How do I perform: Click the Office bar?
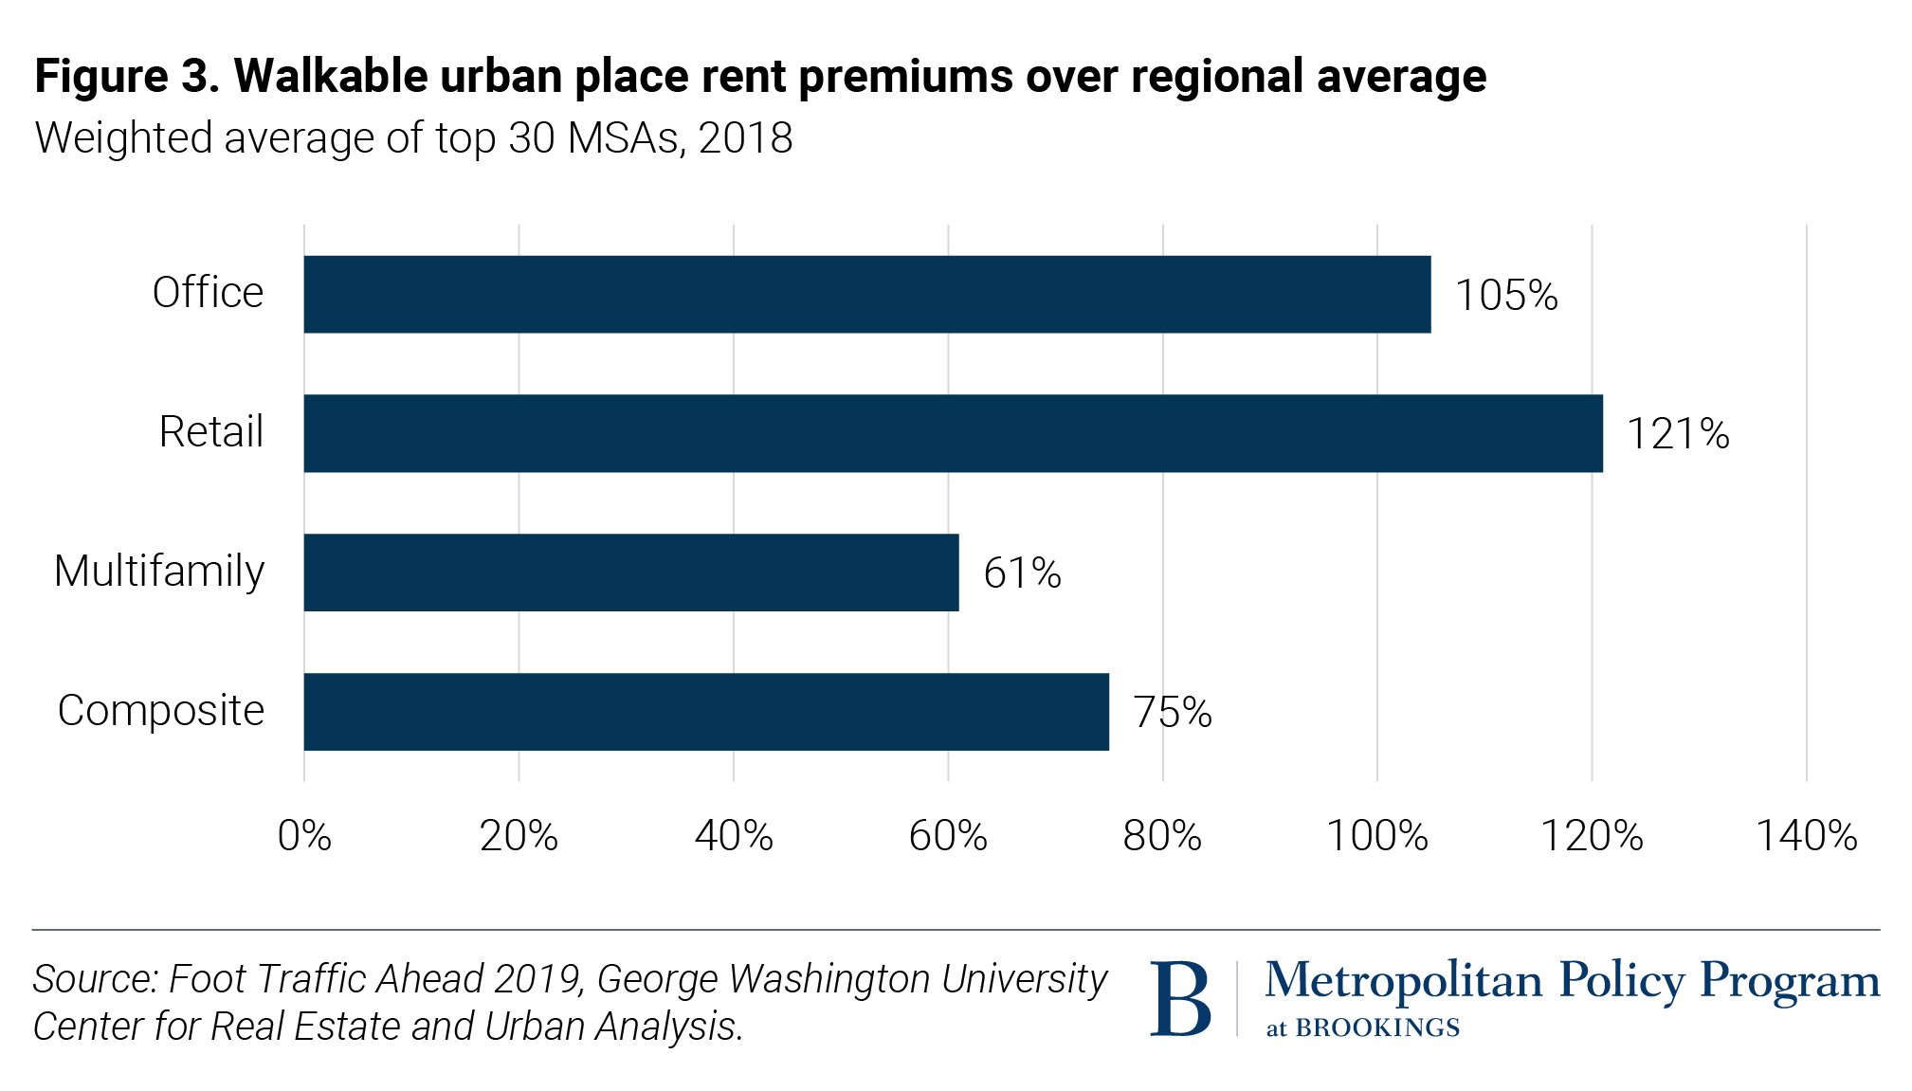coord(866,294)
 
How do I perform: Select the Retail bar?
coord(953,433)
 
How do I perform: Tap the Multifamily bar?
coord(630,573)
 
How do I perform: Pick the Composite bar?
coord(705,712)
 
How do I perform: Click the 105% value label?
coord(1506,296)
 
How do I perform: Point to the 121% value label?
coord(1678,434)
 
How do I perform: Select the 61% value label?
coord(1022,573)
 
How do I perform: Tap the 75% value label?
coord(1173,713)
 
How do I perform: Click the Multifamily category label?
coord(159,572)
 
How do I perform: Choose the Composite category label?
coord(161,711)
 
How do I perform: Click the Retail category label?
coord(210,432)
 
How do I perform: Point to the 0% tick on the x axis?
coord(304,836)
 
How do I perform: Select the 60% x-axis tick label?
coord(948,836)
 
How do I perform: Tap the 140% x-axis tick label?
coord(1806,836)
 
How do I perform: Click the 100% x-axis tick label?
coord(1376,836)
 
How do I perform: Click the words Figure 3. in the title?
coord(127,76)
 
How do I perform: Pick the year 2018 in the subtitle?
coord(745,138)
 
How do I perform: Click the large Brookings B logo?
coord(1180,999)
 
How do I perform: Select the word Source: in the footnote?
coord(95,979)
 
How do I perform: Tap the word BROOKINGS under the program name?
coord(1376,1027)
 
